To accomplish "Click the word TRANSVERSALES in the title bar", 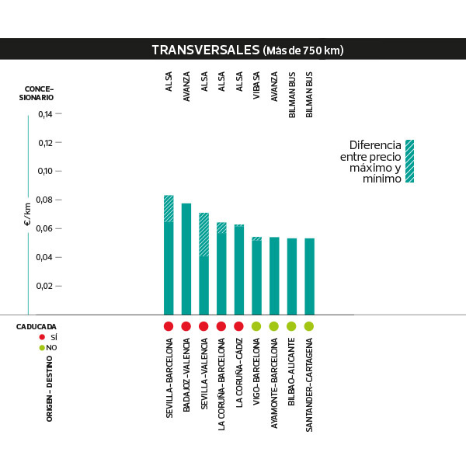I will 205,50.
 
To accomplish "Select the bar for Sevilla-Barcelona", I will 169,264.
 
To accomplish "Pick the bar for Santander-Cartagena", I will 309,276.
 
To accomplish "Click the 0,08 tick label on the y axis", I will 46,200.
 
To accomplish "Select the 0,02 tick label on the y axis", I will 46,286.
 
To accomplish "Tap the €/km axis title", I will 27,215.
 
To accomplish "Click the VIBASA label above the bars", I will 257,83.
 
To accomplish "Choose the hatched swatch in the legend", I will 409,161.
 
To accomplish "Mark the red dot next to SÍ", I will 42,338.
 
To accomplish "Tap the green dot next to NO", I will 42,348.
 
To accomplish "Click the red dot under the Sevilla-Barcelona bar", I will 169,326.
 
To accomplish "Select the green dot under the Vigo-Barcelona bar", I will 256,326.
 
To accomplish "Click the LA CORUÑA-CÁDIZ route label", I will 239,378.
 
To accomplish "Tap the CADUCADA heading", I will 37,327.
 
